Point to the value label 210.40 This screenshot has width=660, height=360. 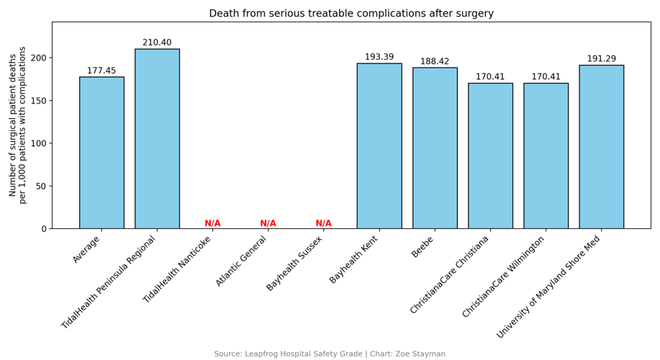coord(157,42)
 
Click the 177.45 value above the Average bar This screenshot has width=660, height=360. coord(101,71)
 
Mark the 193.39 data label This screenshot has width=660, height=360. coord(379,57)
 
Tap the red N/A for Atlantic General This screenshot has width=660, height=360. coord(268,223)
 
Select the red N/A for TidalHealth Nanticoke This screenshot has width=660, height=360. coord(212,223)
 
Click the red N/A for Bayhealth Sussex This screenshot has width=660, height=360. coord(324,223)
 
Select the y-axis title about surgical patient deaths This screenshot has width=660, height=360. coord(17,125)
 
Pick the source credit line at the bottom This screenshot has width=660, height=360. coord(330,354)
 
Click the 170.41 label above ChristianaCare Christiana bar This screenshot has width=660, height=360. coord(490,77)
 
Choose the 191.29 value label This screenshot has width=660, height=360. coord(601,59)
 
